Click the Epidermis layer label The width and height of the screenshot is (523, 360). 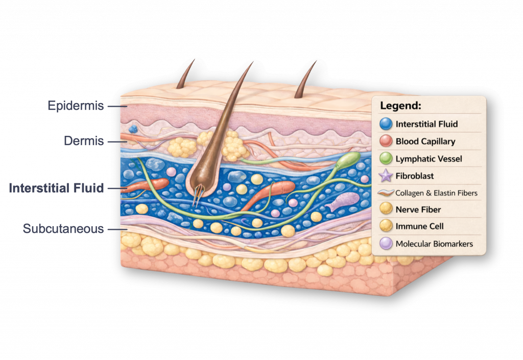pos(76,106)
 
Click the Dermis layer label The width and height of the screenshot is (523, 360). pos(84,140)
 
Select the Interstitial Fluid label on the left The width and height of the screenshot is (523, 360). pos(56,188)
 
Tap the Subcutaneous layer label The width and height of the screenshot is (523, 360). pos(63,228)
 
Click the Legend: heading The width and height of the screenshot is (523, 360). pos(400,106)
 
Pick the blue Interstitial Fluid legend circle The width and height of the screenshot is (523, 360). pos(386,124)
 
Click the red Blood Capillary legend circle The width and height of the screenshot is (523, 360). pos(386,141)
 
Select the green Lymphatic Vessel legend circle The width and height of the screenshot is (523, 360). pos(386,158)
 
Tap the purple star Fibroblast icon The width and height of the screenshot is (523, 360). pos(386,176)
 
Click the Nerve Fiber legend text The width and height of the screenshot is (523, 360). pos(418,209)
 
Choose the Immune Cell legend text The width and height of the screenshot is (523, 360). pos(420,226)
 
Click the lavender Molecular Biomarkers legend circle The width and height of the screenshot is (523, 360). pos(386,244)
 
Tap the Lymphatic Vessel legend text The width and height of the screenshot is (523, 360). pos(429,159)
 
